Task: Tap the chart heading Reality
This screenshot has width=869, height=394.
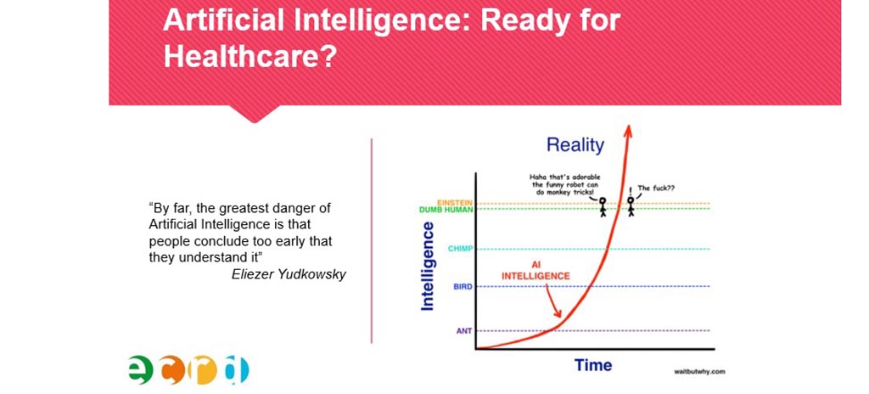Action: pyautogui.click(x=575, y=145)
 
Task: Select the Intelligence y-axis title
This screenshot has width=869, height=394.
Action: pyautogui.click(x=428, y=266)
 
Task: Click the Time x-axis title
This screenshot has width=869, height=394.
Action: pyautogui.click(x=593, y=365)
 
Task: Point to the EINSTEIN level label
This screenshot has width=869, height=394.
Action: pyautogui.click(x=455, y=203)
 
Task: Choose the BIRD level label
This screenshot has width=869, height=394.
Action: pyautogui.click(x=463, y=286)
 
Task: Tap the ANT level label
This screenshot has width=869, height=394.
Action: pyautogui.click(x=464, y=330)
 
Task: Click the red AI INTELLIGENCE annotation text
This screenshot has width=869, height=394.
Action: pyautogui.click(x=535, y=270)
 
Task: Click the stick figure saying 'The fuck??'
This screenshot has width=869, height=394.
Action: pyautogui.click(x=631, y=206)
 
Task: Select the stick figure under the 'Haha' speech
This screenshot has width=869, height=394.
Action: pyautogui.click(x=603, y=207)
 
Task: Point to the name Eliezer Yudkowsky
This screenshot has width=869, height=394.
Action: pyautogui.click(x=289, y=274)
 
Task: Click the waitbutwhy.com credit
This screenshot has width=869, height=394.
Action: pyautogui.click(x=699, y=372)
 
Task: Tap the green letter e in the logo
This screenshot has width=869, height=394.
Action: pyautogui.click(x=140, y=369)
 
